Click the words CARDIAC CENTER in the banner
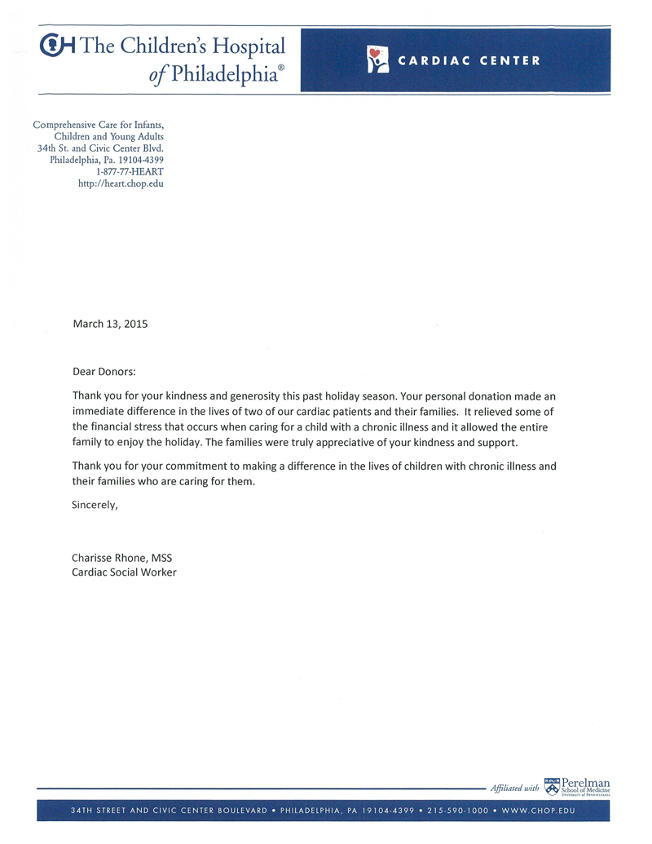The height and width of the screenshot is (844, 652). pos(469,60)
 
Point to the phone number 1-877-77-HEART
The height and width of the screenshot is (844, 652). pos(130,172)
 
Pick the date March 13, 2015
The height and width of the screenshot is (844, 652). pos(111,324)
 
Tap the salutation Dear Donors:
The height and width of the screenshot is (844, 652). pos(104,372)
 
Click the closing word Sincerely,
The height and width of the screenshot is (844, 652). pos(95,505)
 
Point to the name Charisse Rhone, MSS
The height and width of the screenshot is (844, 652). pos(122,559)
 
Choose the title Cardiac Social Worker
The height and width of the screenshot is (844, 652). pos(125,572)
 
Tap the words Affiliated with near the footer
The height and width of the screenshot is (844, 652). pos(514,789)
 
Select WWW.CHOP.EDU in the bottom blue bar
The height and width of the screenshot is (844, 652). pos(540,811)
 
